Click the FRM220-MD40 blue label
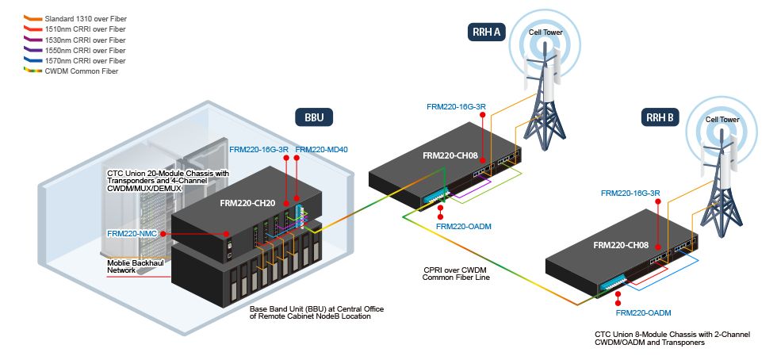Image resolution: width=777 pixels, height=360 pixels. pos(322,149)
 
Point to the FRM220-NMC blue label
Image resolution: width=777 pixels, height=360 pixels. pos(132,234)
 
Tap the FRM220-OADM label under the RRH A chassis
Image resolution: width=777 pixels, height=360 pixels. pos(464,227)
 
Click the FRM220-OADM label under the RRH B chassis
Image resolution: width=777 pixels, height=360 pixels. pos(643,313)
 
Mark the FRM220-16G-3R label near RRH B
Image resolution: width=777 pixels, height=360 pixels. pos(632,193)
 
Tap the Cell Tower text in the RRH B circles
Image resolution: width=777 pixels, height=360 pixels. pos(722,119)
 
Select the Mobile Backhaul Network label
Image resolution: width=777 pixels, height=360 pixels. pos(132,266)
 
